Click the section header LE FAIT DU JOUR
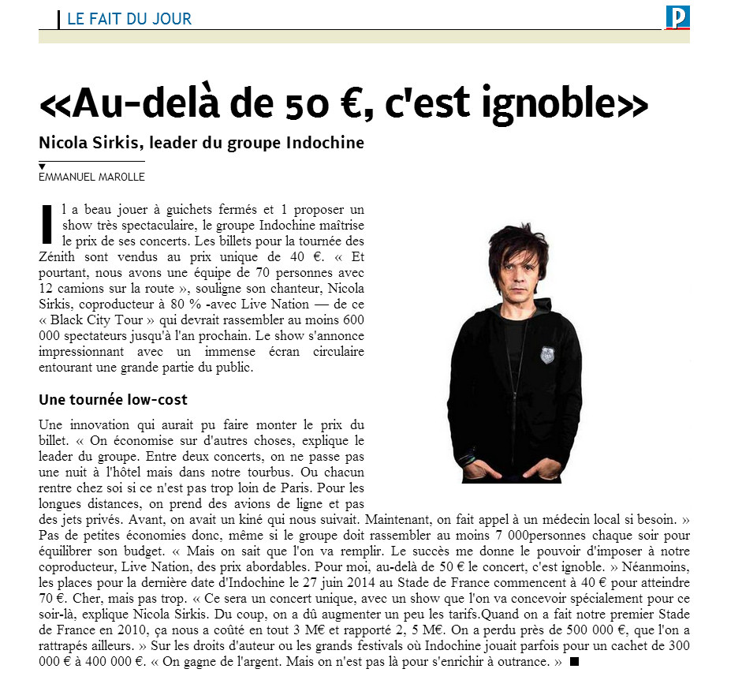[x=129, y=18]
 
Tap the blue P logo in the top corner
[x=677, y=17]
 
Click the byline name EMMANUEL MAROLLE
[x=91, y=177]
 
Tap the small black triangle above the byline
[x=42, y=166]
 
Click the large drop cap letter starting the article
[x=47, y=223]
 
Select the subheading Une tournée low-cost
[x=113, y=399]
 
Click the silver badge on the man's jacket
[x=547, y=354]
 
